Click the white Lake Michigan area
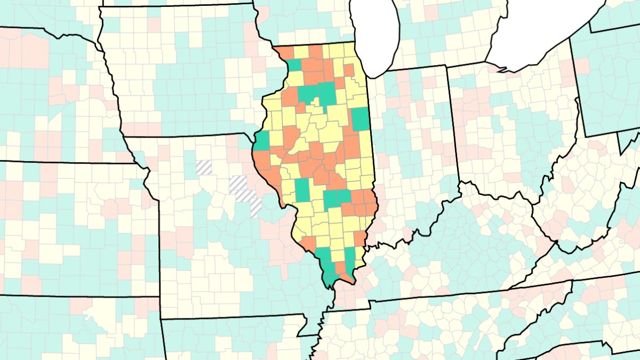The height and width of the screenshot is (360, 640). [376, 32]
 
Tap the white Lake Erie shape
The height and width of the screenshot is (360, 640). [539, 32]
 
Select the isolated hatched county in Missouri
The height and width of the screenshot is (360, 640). [204, 167]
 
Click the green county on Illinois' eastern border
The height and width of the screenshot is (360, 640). [361, 118]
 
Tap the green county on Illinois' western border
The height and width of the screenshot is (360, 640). [262, 140]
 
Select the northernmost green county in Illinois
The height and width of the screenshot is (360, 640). [294, 65]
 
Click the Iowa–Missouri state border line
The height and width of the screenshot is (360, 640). [187, 137]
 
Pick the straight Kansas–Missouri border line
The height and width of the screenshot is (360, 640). [159, 251]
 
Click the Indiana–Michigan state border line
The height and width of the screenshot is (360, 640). [416, 67]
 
